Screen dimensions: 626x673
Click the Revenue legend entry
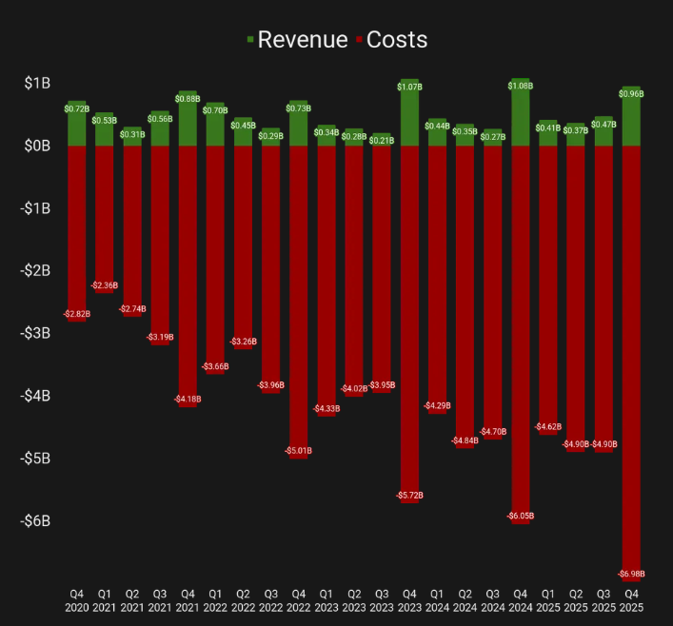pyautogui.click(x=296, y=39)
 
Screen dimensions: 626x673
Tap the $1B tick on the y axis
pyautogui.click(x=37, y=83)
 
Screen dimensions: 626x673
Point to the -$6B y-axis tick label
pyautogui.click(x=34, y=520)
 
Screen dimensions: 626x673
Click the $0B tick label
pyautogui.click(x=37, y=146)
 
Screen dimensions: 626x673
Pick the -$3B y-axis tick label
pyautogui.click(x=34, y=333)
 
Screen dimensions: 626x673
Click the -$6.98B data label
pyautogui.click(x=630, y=574)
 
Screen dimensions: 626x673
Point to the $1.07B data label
pyautogui.click(x=410, y=87)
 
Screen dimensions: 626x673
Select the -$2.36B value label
pyautogui.click(x=105, y=285)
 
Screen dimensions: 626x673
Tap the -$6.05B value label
pyautogui.click(x=520, y=516)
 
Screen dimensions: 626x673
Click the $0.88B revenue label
pyautogui.click(x=188, y=99)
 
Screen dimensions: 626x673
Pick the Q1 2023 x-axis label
pyautogui.click(x=327, y=599)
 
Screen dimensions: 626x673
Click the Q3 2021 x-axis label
pyautogui.click(x=160, y=599)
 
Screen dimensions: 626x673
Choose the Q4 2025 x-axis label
pyautogui.click(x=630, y=599)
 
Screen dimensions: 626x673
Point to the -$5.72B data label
pyautogui.click(x=409, y=496)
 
